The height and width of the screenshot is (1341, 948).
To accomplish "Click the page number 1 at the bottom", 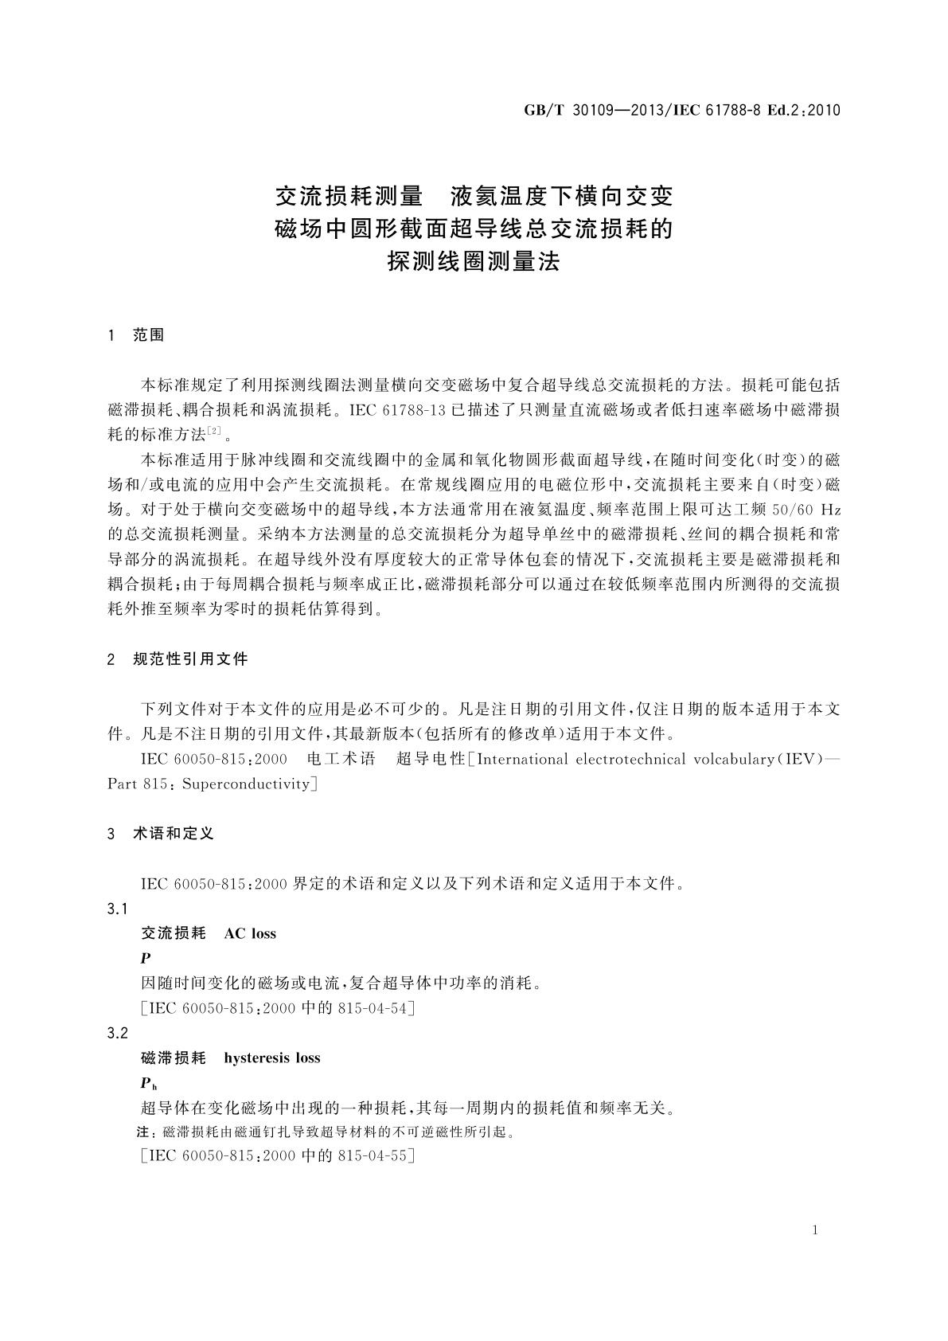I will [x=814, y=1230].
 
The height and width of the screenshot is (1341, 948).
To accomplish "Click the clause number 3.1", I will [x=117, y=909].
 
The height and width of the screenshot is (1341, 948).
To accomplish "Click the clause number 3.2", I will [x=117, y=1033].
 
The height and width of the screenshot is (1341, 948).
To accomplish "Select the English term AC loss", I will [x=250, y=933].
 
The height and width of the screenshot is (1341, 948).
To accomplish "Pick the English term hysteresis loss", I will [x=272, y=1058].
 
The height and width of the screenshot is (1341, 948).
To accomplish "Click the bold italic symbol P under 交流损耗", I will [x=145, y=958].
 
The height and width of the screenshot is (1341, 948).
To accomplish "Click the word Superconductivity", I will [x=247, y=784].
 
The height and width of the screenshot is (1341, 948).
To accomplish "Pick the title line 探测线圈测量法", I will [x=474, y=261].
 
